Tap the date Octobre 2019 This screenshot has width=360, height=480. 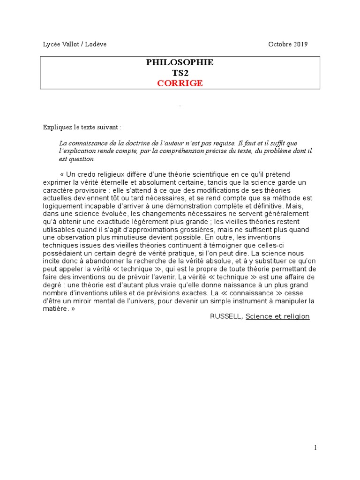(x=288, y=45)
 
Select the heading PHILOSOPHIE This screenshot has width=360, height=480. (x=180, y=62)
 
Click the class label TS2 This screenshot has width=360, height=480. (x=180, y=73)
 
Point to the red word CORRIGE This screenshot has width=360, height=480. (x=180, y=83)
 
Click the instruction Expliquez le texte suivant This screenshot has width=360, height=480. (x=82, y=127)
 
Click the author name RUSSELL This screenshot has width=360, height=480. (x=226, y=316)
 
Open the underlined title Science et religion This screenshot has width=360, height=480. (x=277, y=316)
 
